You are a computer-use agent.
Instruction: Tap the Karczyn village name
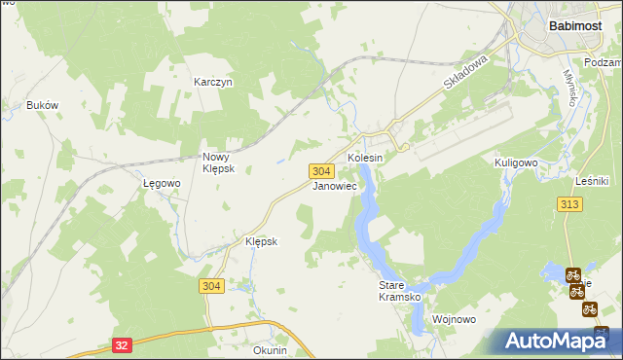212,83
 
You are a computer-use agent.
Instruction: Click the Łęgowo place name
162,183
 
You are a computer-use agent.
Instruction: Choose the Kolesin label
366,158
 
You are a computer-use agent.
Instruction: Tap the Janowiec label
334,185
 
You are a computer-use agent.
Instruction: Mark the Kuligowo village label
517,162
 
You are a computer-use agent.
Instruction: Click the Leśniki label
592,181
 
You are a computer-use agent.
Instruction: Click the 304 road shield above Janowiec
324,170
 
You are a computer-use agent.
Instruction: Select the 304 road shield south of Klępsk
212,286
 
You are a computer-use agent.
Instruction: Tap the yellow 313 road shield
570,203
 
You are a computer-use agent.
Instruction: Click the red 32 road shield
121,344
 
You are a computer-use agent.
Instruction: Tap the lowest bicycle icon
589,309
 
